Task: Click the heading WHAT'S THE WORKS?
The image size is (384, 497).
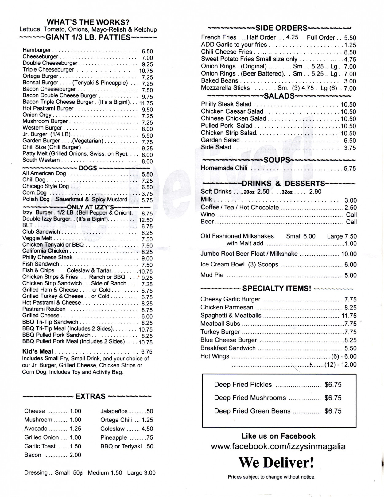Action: (x=88, y=22)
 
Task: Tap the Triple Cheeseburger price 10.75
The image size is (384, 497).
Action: (x=146, y=71)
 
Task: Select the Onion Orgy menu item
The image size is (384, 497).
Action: (x=37, y=115)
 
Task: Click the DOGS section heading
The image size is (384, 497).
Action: (x=88, y=168)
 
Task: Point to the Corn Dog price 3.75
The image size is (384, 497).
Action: (x=147, y=194)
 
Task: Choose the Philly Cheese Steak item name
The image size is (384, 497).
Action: (x=47, y=257)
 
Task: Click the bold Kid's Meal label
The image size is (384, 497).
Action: (x=37, y=351)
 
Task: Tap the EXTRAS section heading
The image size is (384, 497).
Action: (x=90, y=396)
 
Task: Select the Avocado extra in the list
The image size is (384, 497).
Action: (x=36, y=429)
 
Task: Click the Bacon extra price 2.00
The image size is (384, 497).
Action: (x=75, y=455)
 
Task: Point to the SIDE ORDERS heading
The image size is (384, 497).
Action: (x=281, y=28)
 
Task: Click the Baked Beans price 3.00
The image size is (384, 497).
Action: (x=350, y=81)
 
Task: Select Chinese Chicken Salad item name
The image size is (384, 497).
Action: (x=234, y=118)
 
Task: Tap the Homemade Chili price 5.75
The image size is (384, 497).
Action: (x=350, y=169)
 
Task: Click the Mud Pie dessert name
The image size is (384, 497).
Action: (x=212, y=275)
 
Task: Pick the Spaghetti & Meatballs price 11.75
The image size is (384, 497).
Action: (x=349, y=316)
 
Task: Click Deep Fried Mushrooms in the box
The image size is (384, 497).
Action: (x=250, y=398)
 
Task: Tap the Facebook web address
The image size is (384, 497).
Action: (x=278, y=446)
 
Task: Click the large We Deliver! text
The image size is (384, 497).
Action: (x=276, y=463)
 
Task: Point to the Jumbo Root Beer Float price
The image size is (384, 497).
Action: (x=349, y=254)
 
